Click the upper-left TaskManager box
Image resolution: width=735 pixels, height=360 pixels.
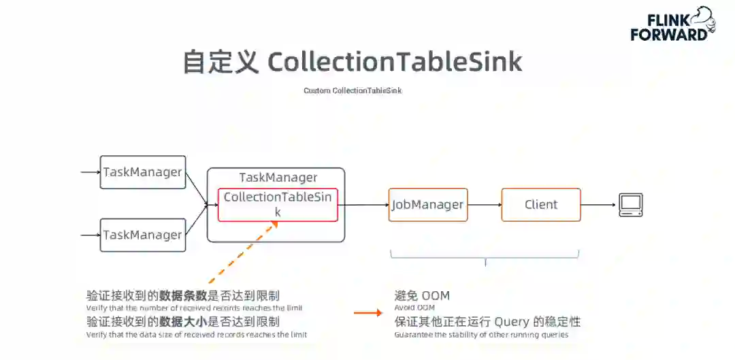coord(143,172)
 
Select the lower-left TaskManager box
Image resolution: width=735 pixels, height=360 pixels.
coord(143,235)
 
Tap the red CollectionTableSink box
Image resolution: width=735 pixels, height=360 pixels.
coord(278,204)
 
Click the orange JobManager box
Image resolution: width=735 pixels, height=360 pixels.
coord(428,204)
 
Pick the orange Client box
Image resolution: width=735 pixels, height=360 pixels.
coord(541,204)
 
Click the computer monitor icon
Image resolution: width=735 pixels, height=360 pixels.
coord(630,205)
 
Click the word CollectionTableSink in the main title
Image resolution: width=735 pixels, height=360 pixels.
coord(395,62)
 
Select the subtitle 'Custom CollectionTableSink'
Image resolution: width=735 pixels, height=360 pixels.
coord(357,91)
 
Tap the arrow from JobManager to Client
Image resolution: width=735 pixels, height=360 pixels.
coord(485,204)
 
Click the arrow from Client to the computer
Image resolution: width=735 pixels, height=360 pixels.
coord(599,204)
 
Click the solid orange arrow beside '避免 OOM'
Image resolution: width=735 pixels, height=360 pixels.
coord(368,313)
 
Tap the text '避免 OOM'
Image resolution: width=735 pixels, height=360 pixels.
coord(422,296)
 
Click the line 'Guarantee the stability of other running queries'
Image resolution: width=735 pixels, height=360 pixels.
coord(480,335)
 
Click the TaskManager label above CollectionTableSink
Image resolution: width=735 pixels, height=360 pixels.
coord(278,178)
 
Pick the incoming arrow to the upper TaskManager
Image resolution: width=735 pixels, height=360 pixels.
coord(91,172)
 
